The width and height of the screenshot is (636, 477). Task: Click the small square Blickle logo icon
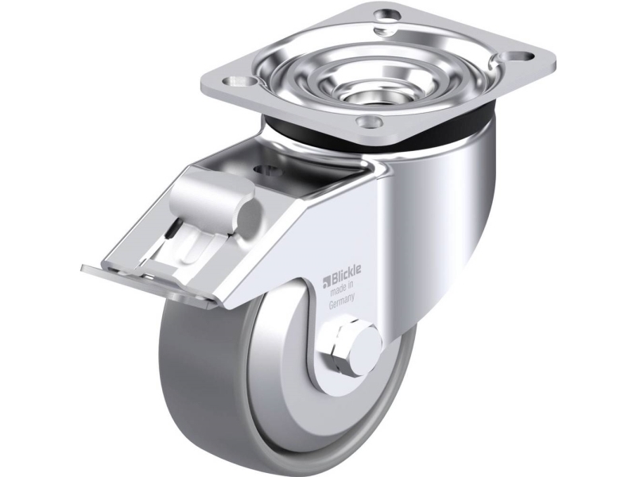pos(326,280)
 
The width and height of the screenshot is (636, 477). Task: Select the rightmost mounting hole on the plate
pos(525,57)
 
